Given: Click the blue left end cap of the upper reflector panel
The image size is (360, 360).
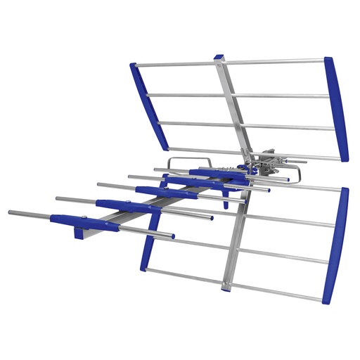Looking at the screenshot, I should (148, 105).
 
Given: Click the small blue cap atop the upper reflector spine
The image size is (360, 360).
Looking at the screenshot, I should (219, 56).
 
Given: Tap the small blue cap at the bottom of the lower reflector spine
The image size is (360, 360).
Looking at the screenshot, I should (226, 288).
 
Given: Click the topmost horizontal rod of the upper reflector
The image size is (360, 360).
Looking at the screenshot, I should (274, 61).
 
